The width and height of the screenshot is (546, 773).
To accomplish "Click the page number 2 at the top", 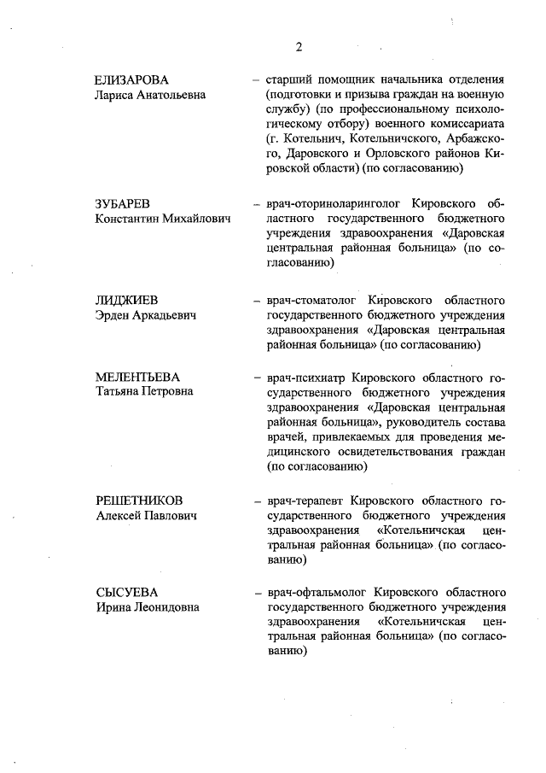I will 299,46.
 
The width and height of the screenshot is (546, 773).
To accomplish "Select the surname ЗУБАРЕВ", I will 122,204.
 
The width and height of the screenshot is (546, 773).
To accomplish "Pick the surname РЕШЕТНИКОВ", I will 139,501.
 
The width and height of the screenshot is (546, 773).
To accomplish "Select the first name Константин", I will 129,220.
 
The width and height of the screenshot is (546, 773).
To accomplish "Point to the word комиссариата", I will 470,126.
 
